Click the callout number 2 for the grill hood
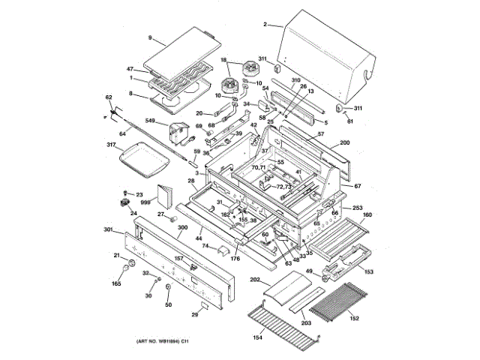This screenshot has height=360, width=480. pyautogui.click(x=265, y=25)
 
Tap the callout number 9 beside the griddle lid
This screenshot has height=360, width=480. pyautogui.click(x=150, y=37)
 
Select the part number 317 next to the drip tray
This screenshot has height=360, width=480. pyautogui.click(x=111, y=145)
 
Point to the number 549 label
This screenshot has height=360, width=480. pyautogui.click(x=151, y=121)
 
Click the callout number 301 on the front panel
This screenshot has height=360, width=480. pyautogui.click(x=108, y=229)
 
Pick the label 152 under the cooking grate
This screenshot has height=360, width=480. pyautogui.click(x=353, y=318)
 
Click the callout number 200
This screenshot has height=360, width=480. pyautogui.click(x=345, y=143)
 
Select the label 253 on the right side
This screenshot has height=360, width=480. pyautogui.click(x=358, y=207)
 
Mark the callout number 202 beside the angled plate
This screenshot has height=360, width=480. pyautogui.click(x=255, y=280)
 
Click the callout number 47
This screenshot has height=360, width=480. pyautogui.click(x=130, y=69)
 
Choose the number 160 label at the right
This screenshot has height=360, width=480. pyautogui.click(x=367, y=215)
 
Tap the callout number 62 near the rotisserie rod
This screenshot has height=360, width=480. pyautogui.click(x=108, y=98)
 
